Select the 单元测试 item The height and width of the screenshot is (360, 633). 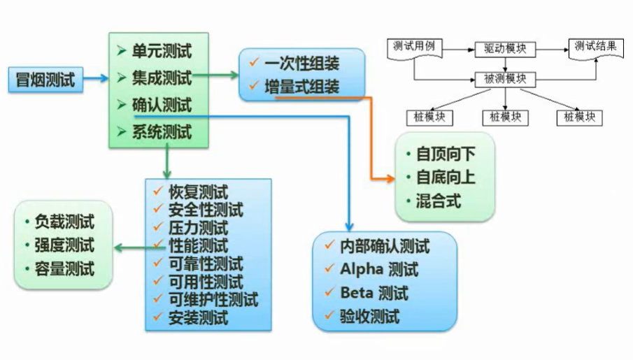click(x=162, y=51)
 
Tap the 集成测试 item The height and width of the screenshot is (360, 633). click(x=162, y=78)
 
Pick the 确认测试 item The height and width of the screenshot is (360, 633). click(x=162, y=106)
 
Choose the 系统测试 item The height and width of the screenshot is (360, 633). click(x=162, y=133)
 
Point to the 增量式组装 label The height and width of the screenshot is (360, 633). click(x=301, y=87)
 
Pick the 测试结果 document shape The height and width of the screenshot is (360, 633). click(x=595, y=48)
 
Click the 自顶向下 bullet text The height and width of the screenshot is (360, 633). click(x=446, y=153)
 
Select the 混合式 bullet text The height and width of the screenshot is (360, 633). click(x=439, y=201)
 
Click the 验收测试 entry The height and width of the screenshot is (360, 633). click(x=369, y=317)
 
